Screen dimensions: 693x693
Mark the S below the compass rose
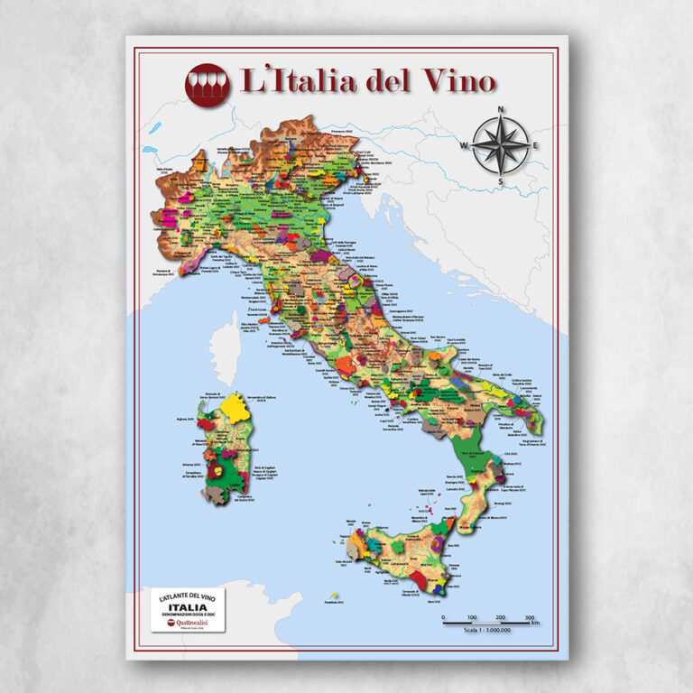coord(502,182)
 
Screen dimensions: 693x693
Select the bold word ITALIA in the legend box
coord(188,606)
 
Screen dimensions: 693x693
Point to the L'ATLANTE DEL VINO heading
coord(188,596)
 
